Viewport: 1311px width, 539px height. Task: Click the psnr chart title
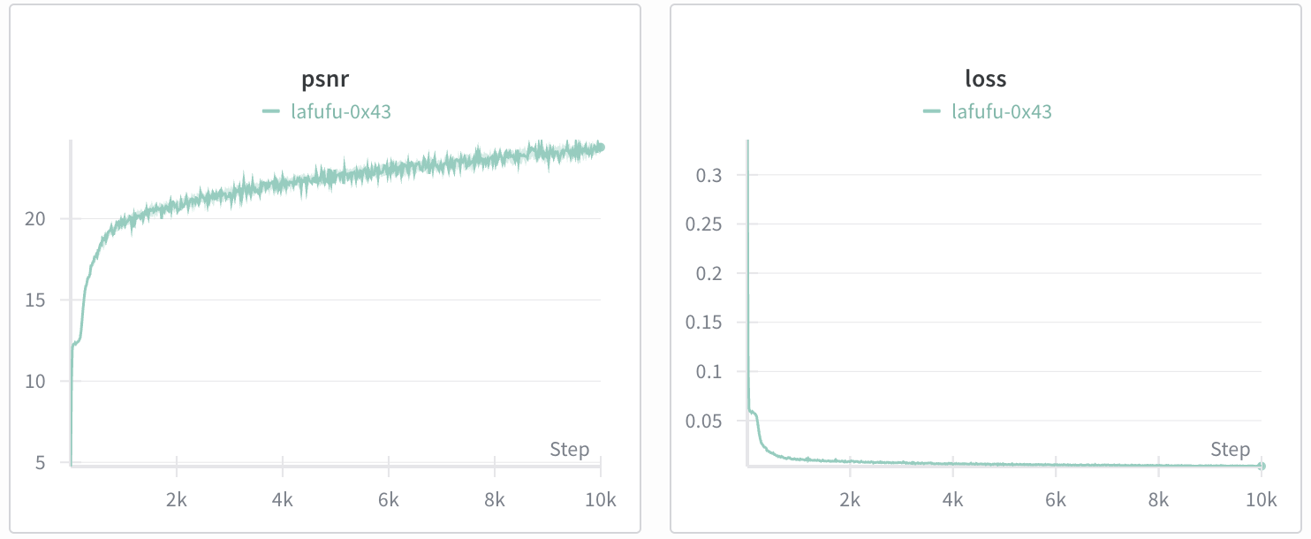coord(326,79)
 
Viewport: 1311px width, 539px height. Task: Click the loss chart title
coord(986,79)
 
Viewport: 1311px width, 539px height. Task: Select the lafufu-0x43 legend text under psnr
coord(340,111)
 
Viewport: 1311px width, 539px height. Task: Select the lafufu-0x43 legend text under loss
coord(1001,111)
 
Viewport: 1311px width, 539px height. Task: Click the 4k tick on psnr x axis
coord(283,500)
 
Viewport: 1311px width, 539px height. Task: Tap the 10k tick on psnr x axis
coord(600,500)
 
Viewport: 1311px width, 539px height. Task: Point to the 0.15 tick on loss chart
coord(705,323)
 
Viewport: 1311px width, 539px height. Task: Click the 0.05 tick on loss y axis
coord(705,421)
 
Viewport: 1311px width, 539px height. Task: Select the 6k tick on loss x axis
coord(1056,500)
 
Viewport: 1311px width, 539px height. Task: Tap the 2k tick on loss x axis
coord(850,500)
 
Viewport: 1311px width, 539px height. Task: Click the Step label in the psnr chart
coord(569,450)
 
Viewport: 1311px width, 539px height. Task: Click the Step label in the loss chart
coord(1230,450)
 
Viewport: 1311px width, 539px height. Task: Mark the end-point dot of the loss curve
coord(1262,466)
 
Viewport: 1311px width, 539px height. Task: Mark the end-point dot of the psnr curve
coord(601,148)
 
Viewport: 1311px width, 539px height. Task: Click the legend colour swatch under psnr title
coord(271,111)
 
